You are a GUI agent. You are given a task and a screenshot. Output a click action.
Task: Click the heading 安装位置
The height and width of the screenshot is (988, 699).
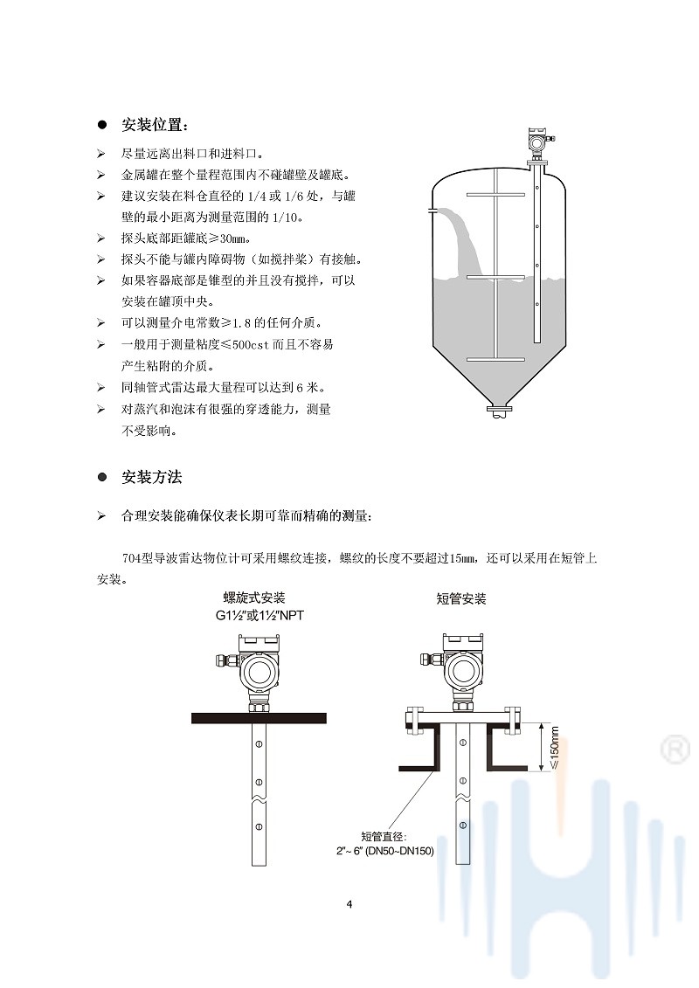(x=154, y=124)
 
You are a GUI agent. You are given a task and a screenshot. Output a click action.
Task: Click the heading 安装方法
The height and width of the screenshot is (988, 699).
(x=152, y=478)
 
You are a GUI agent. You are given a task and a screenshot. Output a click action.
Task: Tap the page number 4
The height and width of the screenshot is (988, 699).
(x=349, y=904)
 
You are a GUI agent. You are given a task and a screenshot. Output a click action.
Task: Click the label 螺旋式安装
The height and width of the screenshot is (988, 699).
(x=254, y=598)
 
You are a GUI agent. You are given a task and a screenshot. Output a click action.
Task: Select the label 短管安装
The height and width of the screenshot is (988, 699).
(x=461, y=598)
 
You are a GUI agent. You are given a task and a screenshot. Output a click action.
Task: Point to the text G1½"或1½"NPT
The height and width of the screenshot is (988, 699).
(x=260, y=615)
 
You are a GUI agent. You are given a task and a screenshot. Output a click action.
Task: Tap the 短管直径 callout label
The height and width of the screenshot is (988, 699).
(x=391, y=836)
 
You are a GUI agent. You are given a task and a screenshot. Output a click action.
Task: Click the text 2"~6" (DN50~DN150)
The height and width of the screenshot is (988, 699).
(x=385, y=851)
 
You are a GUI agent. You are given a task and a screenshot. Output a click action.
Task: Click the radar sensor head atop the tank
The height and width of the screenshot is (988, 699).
(x=536, y=141)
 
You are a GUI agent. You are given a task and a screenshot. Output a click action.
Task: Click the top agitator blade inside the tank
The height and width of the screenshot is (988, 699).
(x=495, y=193)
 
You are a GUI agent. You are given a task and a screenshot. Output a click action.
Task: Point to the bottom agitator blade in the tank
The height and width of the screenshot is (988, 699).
(x=495, y=360)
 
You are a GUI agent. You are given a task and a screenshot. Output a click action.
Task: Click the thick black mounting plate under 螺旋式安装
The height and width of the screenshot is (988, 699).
(x=259, y=718)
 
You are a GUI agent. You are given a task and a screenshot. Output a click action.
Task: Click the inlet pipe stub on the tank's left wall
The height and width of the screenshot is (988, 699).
(x=432, y=211)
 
